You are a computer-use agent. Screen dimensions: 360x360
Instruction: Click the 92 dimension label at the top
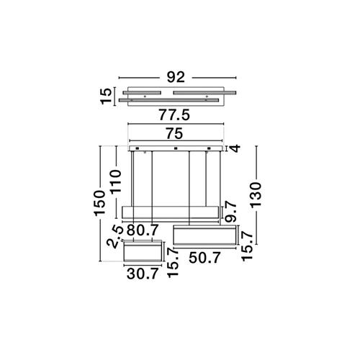(176, 77)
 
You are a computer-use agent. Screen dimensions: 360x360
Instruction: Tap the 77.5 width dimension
(174, 115)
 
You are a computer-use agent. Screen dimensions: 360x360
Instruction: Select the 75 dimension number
(175, 134)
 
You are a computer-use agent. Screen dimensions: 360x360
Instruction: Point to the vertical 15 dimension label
(107, 96)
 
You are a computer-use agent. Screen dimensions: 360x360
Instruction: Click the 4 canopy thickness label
(235, 148)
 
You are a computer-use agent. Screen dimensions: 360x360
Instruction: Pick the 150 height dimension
(100, 203)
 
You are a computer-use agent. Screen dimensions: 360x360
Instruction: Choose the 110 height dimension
(115, 181)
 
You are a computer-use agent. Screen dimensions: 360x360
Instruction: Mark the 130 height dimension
(255, 194)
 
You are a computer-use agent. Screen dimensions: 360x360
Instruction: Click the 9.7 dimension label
(231, 212)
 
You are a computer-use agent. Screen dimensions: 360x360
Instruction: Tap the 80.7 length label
(143, 230)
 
